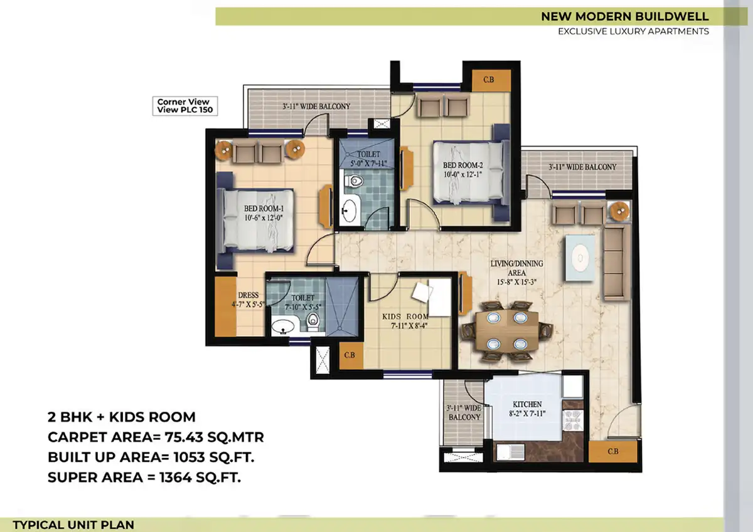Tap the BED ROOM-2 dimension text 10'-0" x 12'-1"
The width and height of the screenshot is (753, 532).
tap(462, 175)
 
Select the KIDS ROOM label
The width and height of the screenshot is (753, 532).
tap(405, 316)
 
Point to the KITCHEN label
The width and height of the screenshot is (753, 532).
tap(527, 404)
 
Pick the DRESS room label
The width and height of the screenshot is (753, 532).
tap(248, 295)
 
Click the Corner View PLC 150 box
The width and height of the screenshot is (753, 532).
tap(185, 106)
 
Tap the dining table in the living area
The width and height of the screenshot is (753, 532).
tap(507, 331)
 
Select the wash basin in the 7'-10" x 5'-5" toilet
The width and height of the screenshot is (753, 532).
tap(283, 326)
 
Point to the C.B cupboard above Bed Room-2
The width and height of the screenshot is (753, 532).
tap(491, 80)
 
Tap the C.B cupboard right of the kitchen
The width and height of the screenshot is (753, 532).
tap(613, 451)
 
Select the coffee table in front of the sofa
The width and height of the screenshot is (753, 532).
tap(580, 258)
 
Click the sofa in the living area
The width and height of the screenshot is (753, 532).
tap(616, 263)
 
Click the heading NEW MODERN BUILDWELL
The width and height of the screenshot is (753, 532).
tap(625, 16)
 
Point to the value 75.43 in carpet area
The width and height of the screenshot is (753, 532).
tap(184, 437)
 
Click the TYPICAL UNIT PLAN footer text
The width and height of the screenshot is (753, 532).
tap(73, 525)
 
